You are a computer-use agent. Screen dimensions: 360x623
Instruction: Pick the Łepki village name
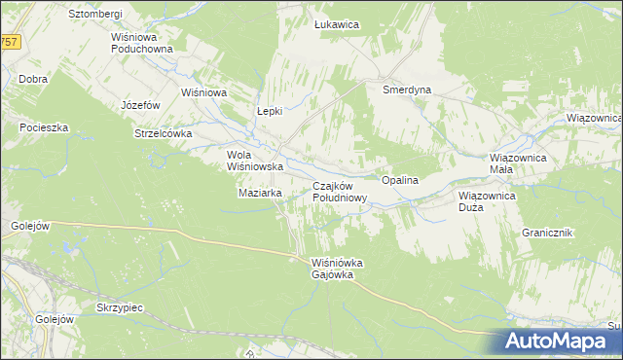click(x=269, y=111)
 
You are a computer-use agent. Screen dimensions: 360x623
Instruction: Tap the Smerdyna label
click(x=407, y=90)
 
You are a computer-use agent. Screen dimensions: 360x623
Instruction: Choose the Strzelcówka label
click(x=163, y=133)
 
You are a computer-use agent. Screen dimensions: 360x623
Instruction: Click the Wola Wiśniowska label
click(x=254, y=161)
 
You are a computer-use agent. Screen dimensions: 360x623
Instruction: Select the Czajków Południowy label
click(x=339, y=192)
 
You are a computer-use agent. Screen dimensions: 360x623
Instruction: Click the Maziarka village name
click(x=260, y=193)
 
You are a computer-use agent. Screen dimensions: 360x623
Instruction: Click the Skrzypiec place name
click(x=120, y=306)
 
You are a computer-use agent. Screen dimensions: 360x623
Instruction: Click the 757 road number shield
click(x=9, y=42)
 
